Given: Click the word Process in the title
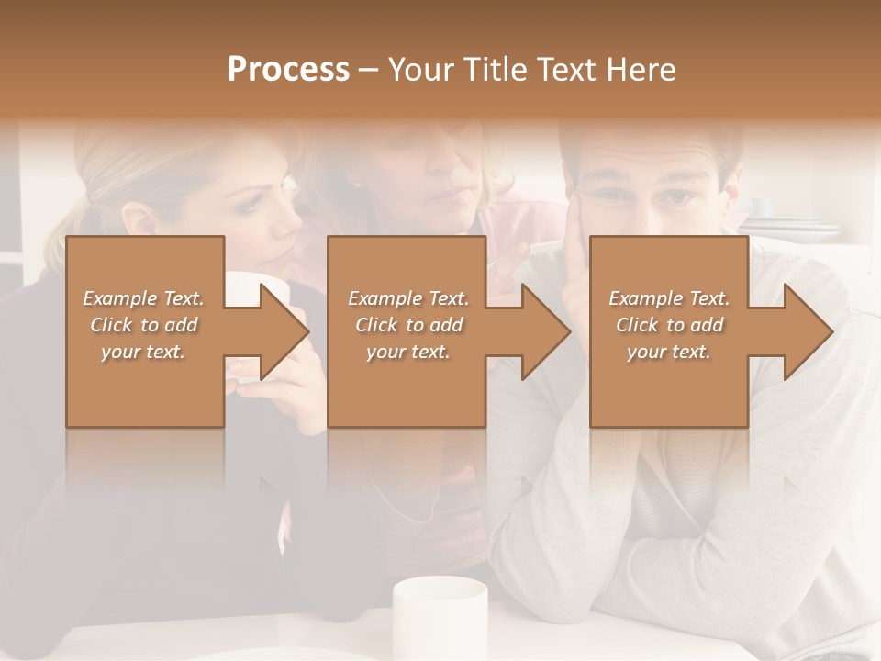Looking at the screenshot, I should pyautogui.click(x=288, y=70).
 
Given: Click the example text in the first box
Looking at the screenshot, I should pyautogui.click(x=143, y=325).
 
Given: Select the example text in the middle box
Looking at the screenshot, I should pyautogui.click(x=408, y=325).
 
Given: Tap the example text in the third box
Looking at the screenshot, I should pyautogui.click(x=669, y=325).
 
